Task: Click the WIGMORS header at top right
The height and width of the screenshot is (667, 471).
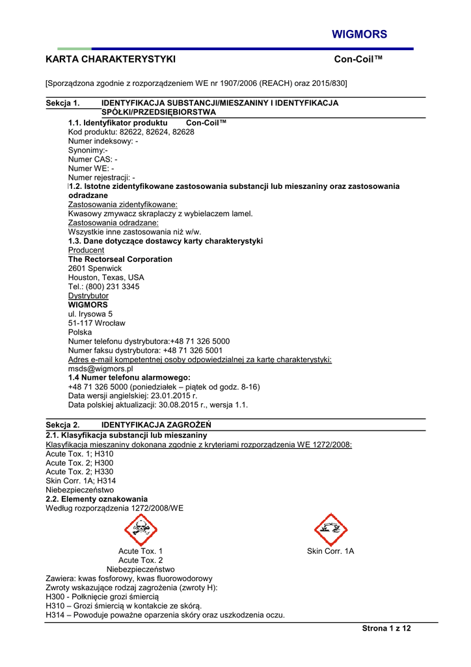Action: point(359,35)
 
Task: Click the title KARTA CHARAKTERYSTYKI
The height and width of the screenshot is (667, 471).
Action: point(111,59)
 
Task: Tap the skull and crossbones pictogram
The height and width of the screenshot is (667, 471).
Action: point(141,530)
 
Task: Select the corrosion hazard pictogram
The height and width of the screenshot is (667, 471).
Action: point(330,530)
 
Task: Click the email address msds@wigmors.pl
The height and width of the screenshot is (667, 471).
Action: point(101,368)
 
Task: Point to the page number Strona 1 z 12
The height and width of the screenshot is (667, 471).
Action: point(386,628)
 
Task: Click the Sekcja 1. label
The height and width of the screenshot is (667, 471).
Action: point(62,103)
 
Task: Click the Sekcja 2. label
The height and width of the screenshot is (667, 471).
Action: point(62,424)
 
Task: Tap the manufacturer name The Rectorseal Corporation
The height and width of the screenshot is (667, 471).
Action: point(120,259)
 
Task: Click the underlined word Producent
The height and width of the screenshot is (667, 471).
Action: point(86,250)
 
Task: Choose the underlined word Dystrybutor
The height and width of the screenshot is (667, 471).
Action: point(88,296)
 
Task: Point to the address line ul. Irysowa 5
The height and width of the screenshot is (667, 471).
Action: point(90,314)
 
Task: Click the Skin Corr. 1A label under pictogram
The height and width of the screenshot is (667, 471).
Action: point(330,551)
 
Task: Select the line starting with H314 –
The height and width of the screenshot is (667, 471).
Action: point(165,615)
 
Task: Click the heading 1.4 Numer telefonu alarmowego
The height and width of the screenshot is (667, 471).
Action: point(129,377)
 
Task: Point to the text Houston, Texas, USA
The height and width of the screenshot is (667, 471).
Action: point(106,277)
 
